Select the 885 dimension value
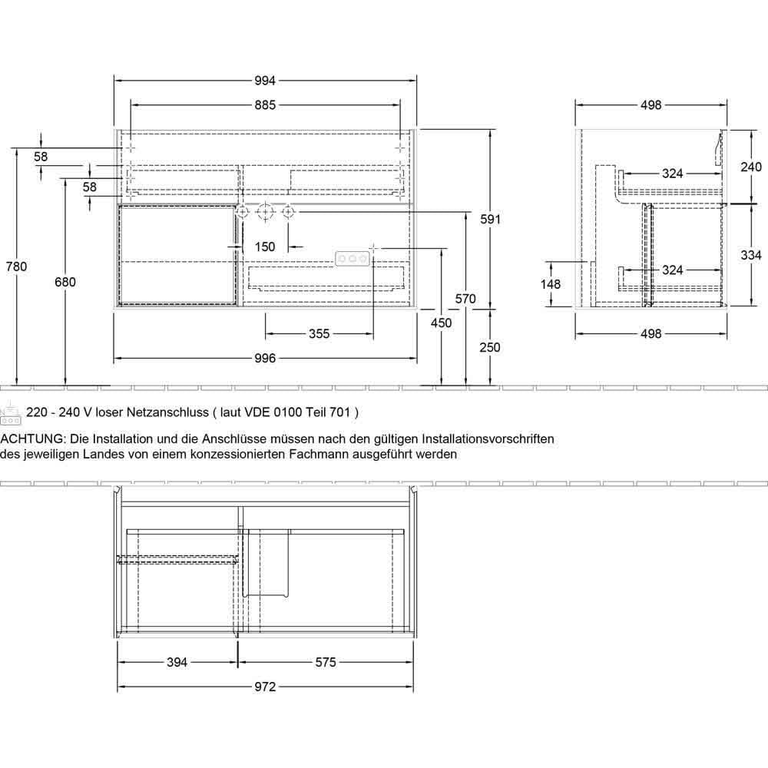point(264,105)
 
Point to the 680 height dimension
point(66,282)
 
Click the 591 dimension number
point(490,220)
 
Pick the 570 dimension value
point(465,299)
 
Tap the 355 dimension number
point(319,333)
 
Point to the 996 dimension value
point(264,359)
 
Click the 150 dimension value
point(264,247)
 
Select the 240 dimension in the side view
point(750,167)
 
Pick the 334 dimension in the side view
point(750,255)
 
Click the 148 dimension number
point(551,284)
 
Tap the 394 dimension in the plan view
point(177,663)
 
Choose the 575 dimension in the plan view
point(326,663)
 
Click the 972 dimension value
point(264,687)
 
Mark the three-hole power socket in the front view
point(353,260)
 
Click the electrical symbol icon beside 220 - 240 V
point(11,415)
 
